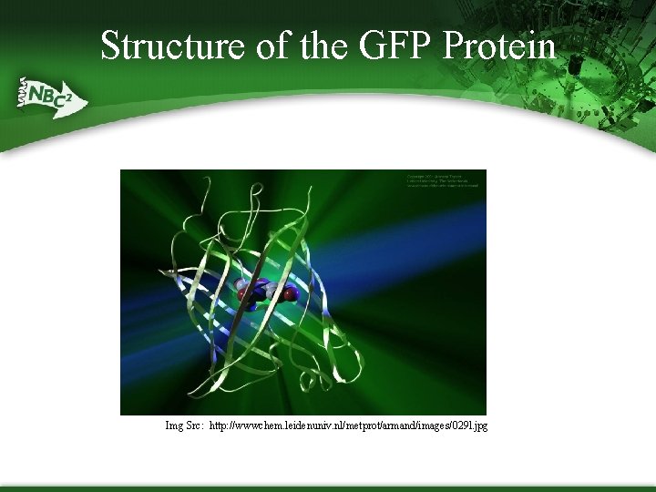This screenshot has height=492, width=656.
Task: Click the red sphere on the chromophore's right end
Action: (291, 294)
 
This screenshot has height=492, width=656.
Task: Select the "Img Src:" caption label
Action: (184, 425)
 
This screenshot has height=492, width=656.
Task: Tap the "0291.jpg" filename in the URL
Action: (467, 425)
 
